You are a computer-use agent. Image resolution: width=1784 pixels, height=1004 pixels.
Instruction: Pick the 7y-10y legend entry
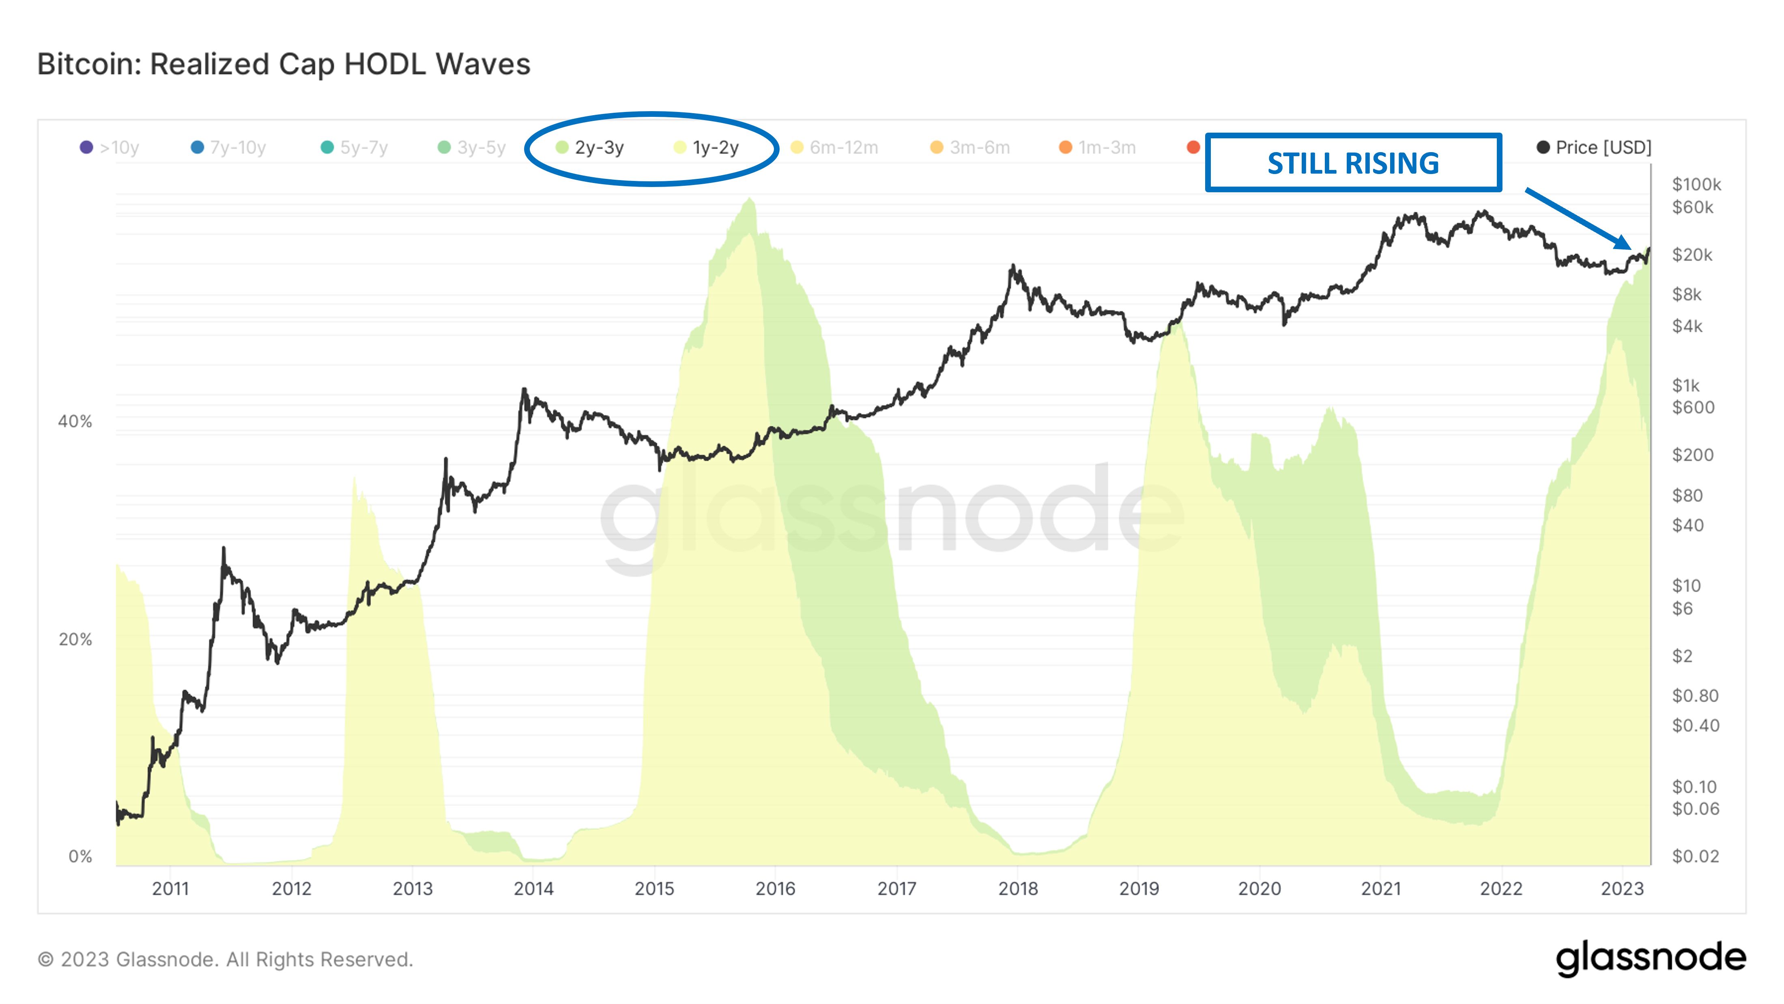point(228,148)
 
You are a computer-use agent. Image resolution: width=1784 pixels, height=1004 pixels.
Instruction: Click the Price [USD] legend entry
point(1594,148)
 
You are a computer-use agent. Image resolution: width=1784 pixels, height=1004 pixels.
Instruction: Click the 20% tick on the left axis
point(75,639)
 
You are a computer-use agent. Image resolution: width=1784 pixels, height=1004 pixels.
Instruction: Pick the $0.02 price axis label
point(1695,856)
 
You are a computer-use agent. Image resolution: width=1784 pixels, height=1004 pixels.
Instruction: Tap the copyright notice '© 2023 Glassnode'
point(225,960)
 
